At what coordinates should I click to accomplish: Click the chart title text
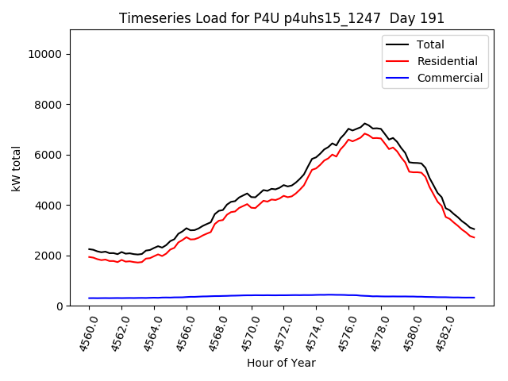pos(282,18)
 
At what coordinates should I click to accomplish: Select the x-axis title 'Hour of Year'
pos(281,363)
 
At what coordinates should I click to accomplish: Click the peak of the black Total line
pos(364,124)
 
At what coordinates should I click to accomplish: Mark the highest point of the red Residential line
pos(364,133)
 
